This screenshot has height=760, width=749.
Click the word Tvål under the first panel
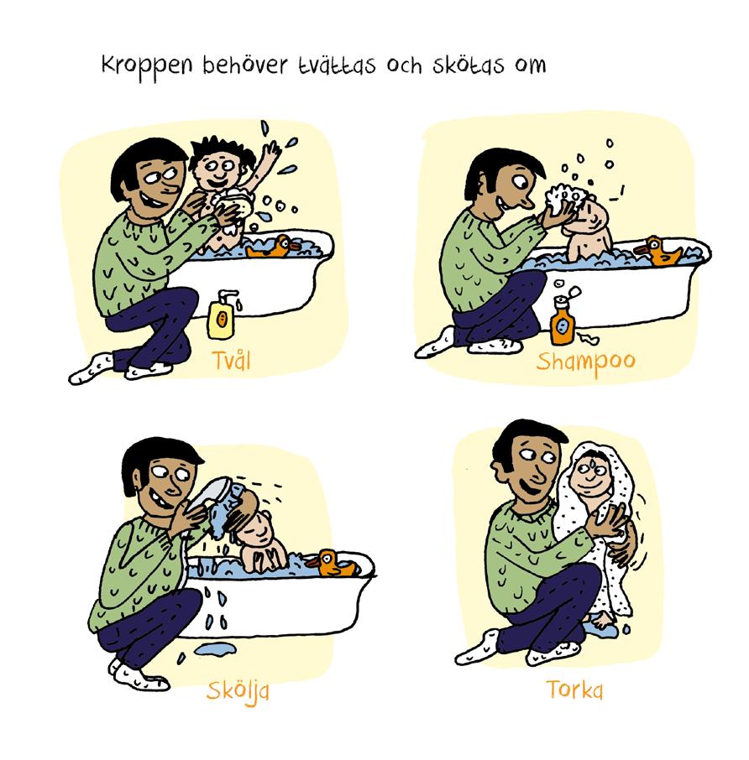[232, 360]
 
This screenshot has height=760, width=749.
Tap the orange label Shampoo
[585, 362]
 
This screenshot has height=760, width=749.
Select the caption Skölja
[238, 690]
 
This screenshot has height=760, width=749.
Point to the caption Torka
[574, 689]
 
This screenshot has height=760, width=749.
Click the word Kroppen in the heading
[147, 66]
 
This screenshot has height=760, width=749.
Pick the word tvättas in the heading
[337, 65]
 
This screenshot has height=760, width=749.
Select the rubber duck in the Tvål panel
[270, 247]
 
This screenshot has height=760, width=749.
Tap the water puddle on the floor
[215, 648]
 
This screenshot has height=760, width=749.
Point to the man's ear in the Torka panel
[498, 470]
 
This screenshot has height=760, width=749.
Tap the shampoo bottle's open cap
[574, 292]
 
